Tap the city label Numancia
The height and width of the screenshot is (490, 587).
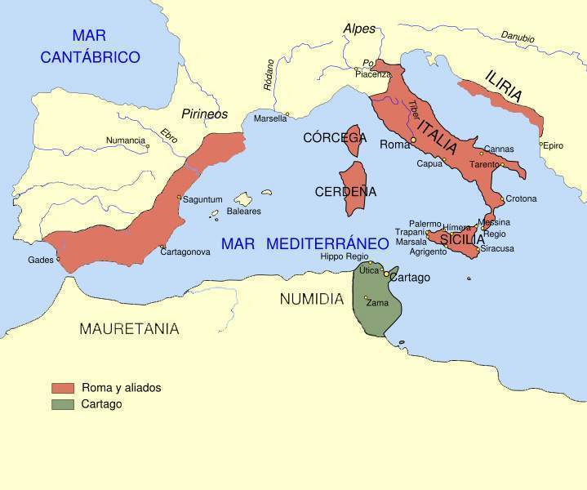126,140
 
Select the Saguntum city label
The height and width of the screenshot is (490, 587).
202,199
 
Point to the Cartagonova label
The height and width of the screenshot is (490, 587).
186,252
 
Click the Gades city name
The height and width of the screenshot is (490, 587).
40,260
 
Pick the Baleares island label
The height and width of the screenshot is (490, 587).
244,212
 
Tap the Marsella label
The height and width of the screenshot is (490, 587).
270,118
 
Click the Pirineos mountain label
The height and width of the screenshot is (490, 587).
204,114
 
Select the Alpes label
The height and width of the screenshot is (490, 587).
359,29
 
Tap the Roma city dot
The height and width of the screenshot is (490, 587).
414,140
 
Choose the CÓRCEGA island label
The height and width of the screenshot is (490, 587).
335,138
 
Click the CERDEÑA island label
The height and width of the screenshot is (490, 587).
346,192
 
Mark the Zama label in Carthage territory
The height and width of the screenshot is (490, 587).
378,303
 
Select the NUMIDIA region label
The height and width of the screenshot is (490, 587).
312,299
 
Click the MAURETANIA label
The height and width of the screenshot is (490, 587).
129,329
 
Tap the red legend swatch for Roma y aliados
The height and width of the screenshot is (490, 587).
63,388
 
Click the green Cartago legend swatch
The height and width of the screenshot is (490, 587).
63,404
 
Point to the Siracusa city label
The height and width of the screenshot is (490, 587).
497,248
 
